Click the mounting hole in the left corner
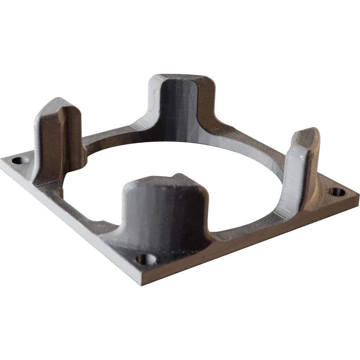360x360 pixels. (x=20, y=160)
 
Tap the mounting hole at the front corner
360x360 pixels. (x=147, y=259)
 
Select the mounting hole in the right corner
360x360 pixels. (x=338, y=192)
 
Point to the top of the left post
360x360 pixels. (x=54, y=106)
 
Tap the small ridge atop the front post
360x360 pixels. (x=178, y=176)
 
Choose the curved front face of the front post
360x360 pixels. (x=162, y=216)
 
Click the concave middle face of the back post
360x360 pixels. (x=178, y=108)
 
